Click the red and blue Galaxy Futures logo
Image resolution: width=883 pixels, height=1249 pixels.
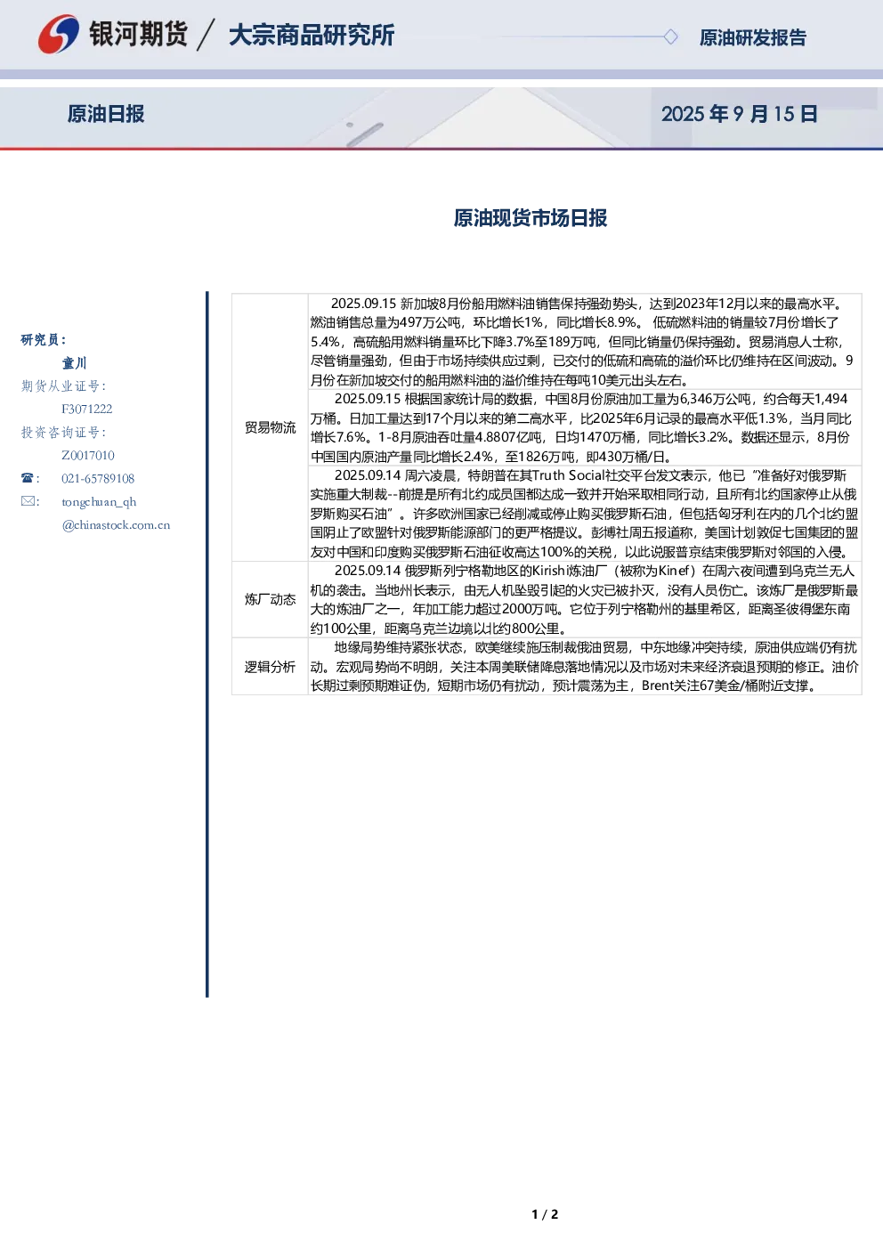click(x=58, y=35)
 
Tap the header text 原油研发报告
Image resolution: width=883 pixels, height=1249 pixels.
click(x=752, y=37)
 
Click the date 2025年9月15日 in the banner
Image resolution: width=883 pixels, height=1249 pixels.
click(x=739, y=114)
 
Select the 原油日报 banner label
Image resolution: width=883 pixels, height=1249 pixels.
click(x=106, y=114)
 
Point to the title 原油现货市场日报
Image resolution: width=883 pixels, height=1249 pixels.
click(x=531, y=218)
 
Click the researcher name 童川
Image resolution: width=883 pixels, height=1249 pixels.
click(x=74, y=363)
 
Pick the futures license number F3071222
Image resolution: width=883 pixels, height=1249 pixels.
click(x=87, y=409)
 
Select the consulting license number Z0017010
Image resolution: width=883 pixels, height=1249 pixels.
click(x=88, y=455)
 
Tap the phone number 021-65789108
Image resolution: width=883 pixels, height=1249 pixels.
click(x=98, y=478)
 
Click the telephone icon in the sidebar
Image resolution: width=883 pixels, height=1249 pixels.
click(x=28, y=478)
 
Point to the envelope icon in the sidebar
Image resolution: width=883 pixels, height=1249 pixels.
click(x=28, y=500)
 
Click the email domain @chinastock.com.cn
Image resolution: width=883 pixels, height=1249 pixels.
click(x=116, y=524)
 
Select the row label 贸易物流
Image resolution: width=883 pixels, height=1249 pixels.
click(x=271, y=427)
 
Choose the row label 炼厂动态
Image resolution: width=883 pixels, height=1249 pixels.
click(x=271, y=599)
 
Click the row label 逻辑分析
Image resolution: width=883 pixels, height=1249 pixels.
click(x=271, y=667)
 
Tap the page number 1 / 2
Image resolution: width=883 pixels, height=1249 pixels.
click(x=545, y=1214)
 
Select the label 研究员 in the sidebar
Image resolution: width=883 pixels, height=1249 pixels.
click(x=43, y=339)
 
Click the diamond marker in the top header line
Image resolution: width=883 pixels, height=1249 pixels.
click(x=670, y=37)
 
